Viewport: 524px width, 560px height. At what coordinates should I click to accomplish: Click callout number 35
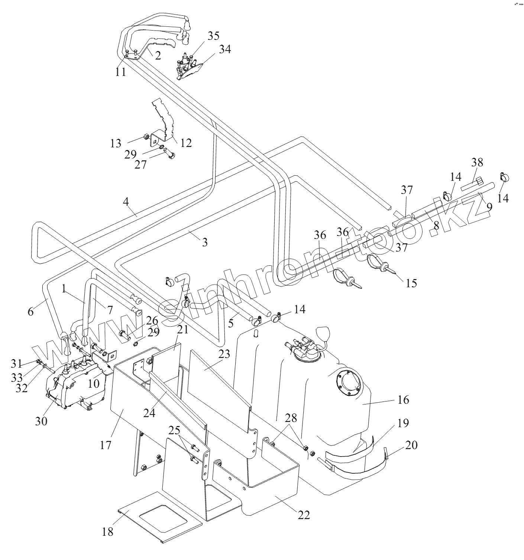click(213, 36)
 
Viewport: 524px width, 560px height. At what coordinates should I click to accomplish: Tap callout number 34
click(224, 49)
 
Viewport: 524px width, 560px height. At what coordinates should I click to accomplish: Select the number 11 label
click(120, 71)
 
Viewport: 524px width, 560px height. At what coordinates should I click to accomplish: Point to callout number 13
click(116, 143)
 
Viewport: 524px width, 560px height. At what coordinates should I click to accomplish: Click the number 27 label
click(140, 164)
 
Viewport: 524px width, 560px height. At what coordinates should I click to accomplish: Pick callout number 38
click(477, 162)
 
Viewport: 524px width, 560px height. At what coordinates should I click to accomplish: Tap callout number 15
click(411, 283)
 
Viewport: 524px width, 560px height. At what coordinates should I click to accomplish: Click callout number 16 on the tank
click(403, 400)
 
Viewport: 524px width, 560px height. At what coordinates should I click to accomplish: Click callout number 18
click(107, 532)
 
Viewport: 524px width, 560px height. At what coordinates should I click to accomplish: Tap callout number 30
click(41, 421)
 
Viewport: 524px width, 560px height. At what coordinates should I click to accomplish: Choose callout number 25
click(174, 431)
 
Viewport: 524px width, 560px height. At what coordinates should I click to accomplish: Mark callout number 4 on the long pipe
click(126, 202)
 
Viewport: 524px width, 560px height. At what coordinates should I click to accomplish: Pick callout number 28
click(291, 418)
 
